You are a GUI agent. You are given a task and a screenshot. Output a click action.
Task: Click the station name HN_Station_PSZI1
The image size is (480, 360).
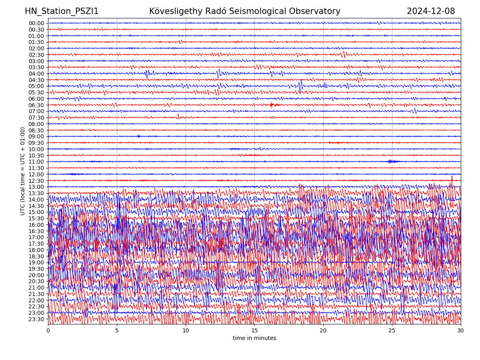(62, 11)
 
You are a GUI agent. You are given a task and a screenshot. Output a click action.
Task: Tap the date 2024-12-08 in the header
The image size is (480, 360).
(431, 11)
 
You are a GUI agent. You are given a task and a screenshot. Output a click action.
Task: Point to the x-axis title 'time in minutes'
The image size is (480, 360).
(254, 338)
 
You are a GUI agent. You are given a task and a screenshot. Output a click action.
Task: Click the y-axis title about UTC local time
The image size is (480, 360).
(23, 171)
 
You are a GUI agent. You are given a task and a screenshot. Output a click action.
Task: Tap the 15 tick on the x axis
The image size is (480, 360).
(254, 331)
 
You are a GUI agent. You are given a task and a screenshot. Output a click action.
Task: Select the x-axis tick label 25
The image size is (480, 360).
(392, 331)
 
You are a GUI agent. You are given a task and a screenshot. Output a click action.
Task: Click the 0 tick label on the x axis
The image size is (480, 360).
(48, 331)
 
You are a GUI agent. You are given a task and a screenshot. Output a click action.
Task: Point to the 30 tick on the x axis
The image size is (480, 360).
(461, 331)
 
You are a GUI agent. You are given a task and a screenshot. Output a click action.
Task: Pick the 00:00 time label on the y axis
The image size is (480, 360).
(36, 23)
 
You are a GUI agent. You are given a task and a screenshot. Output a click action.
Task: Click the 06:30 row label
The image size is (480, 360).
(36, 105)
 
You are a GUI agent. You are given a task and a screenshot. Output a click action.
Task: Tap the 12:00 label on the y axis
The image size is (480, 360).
(36, 174)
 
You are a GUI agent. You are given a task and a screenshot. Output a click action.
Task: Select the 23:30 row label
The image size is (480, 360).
(36, 319)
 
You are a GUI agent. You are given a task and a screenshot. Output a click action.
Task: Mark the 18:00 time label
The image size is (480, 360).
(36, 250)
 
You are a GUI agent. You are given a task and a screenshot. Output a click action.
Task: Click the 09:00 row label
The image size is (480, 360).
(36, 136)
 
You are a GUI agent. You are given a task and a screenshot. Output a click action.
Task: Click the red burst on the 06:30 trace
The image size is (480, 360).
(272, 105)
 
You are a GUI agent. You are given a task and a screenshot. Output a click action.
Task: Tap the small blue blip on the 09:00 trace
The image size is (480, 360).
(139, 136)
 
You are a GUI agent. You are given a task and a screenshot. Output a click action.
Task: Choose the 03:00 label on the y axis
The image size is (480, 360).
(36, 61)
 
